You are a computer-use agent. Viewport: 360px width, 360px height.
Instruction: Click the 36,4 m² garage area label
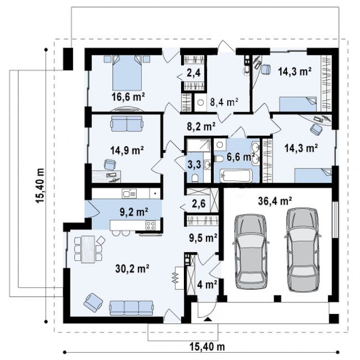275,201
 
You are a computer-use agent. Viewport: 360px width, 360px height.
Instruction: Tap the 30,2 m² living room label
132,269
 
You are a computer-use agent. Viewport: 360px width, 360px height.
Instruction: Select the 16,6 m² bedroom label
128,97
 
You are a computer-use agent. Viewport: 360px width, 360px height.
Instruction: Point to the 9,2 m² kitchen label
134,212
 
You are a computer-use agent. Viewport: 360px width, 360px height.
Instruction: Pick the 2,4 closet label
193,73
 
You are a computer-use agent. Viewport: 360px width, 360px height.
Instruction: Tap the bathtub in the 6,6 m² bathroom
236,176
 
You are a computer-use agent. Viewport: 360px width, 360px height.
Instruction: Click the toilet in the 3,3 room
195,177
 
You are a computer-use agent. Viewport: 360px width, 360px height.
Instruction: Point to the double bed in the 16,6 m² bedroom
127,73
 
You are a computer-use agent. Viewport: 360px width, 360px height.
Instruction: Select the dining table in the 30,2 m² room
88,249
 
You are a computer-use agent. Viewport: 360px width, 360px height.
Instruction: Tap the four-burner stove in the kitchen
151,225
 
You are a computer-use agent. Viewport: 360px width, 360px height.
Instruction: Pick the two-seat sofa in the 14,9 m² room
127,124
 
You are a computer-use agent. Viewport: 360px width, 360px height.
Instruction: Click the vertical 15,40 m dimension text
40,186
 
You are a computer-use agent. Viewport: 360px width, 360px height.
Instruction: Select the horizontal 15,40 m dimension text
207,347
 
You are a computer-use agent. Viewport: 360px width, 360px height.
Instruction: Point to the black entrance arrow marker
207,318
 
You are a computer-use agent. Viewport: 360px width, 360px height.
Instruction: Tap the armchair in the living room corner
93,303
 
